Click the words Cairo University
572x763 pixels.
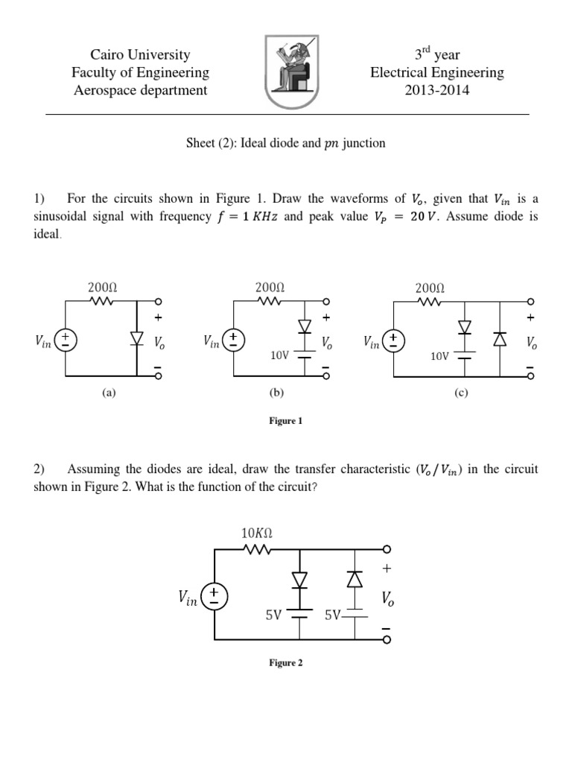coord(140,54)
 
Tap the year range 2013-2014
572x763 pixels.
coord(438,91)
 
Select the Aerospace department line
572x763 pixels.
coord(140,91)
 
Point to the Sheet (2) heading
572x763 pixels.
coord(285,143)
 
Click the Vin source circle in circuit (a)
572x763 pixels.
coord(67,340)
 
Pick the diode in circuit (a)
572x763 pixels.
coord(136,339)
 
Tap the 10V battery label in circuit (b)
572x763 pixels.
coord(280,355)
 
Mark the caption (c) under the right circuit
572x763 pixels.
coord(460,392)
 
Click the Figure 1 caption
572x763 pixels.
coord(285,421)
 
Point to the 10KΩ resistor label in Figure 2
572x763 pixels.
coord(258,533)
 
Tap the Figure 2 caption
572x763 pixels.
coord(285,663)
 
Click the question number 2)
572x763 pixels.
coord(39,469)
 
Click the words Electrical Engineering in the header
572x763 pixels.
coord(438,73)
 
